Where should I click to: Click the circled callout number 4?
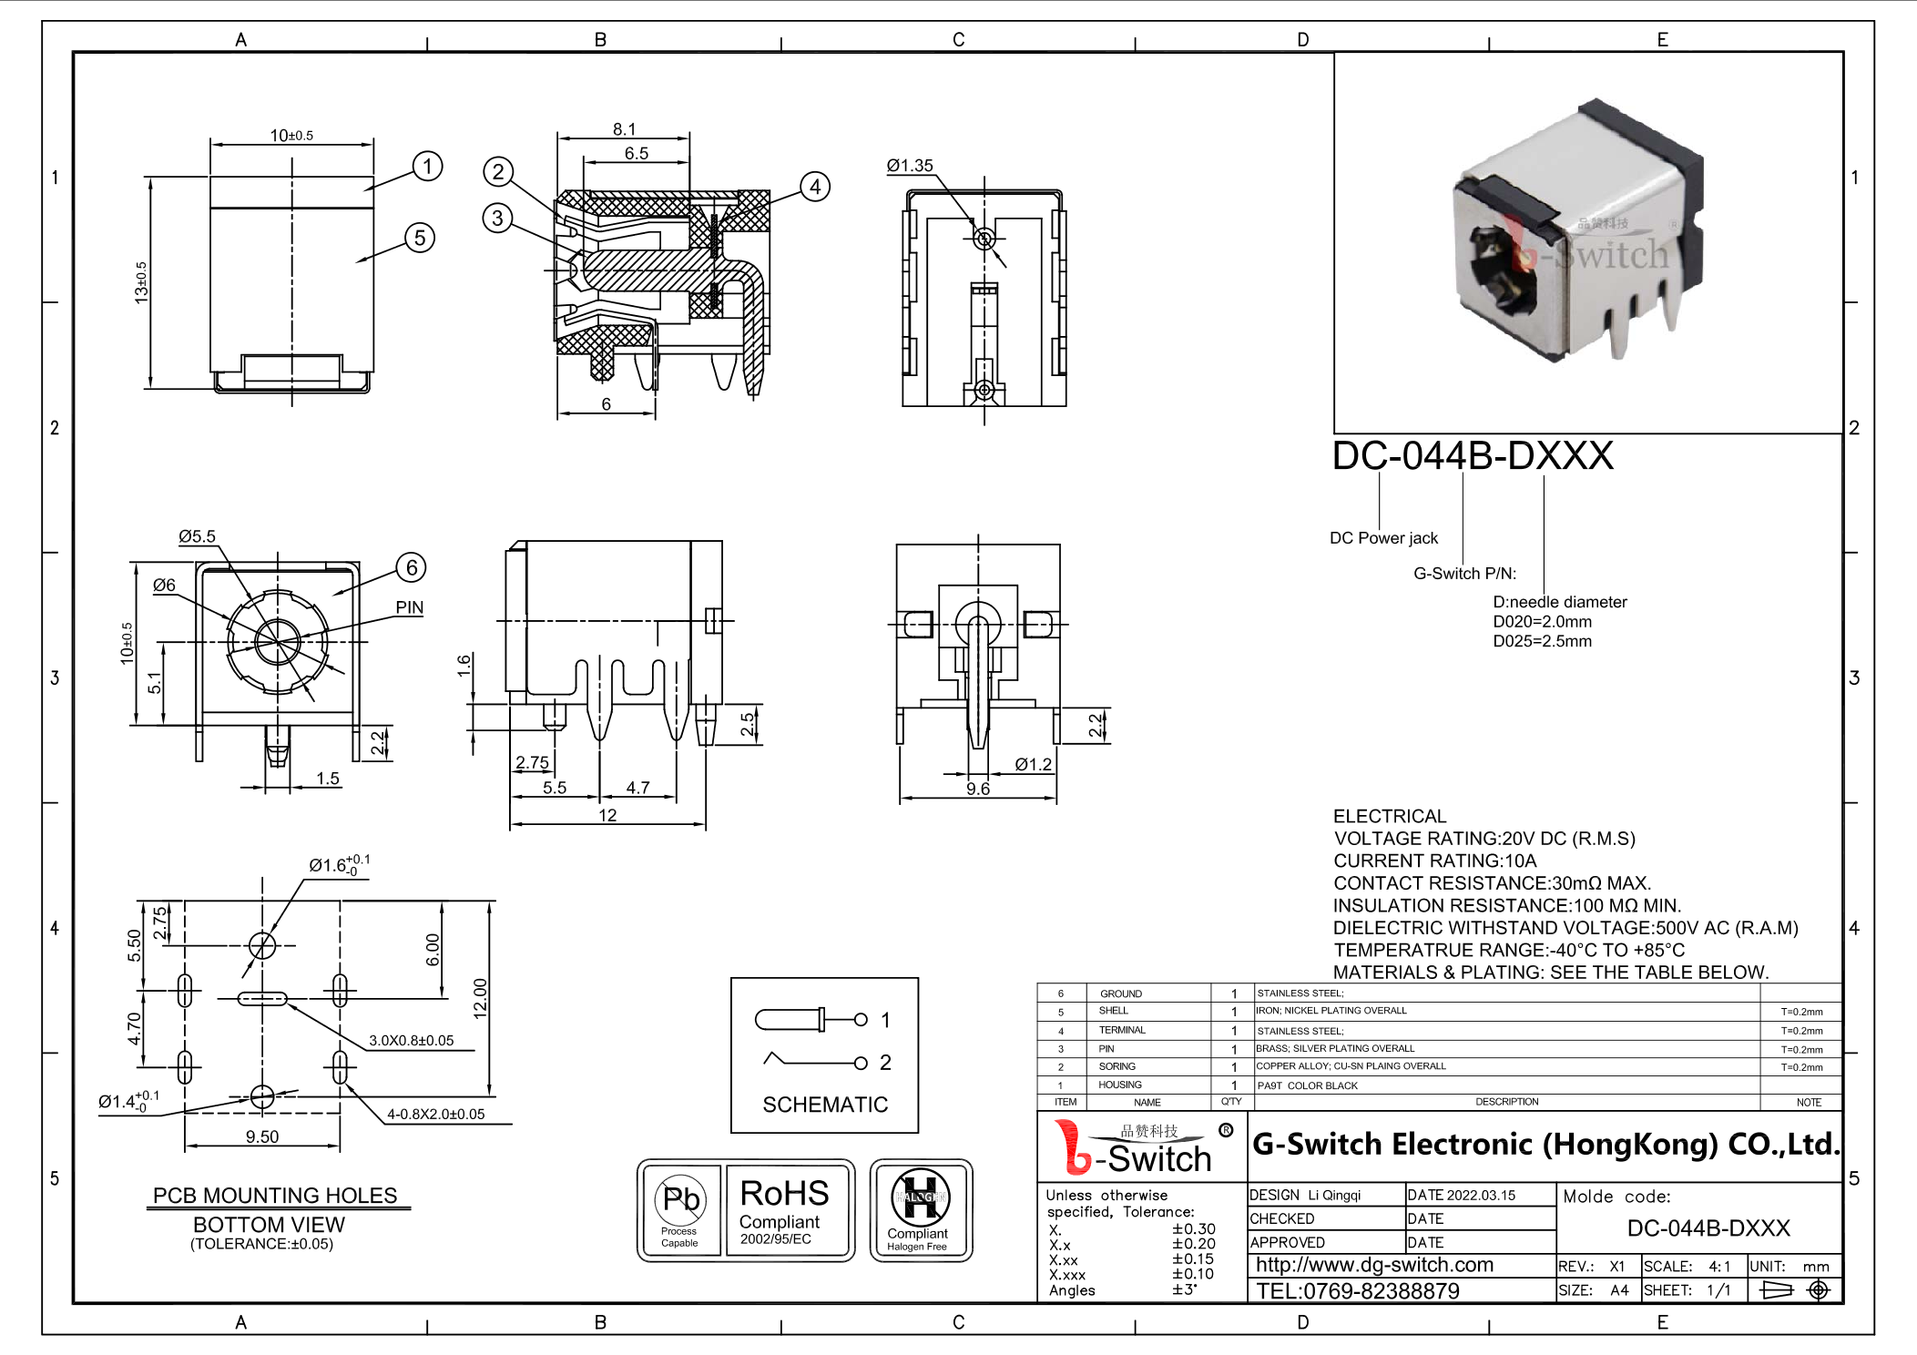click(815, 187)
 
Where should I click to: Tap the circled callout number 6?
click(412, 567)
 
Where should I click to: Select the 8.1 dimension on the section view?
click(624, 129)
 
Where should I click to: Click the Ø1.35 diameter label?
click(910, 166)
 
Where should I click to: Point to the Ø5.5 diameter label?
click(197, 536)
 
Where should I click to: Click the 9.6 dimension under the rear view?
click(977, 789)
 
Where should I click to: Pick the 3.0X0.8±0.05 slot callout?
click(411, 1040)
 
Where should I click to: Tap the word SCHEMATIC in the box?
click(825, 1105)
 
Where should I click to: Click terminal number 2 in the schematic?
click(885, 1063)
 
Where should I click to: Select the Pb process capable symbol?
click(680, 1199)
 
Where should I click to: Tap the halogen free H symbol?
click(920, 1197)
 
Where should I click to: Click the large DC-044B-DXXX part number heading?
click(1473, 455)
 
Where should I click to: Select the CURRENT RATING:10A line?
click(1434, 861)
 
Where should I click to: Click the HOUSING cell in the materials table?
click(1119, 1085)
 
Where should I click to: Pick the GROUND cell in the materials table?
click(1120, 993)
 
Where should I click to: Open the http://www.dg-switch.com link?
click(1374, 1265)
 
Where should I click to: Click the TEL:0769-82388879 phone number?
click(1357, 1290)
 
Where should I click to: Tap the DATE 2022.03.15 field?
click(1461, 1195)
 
